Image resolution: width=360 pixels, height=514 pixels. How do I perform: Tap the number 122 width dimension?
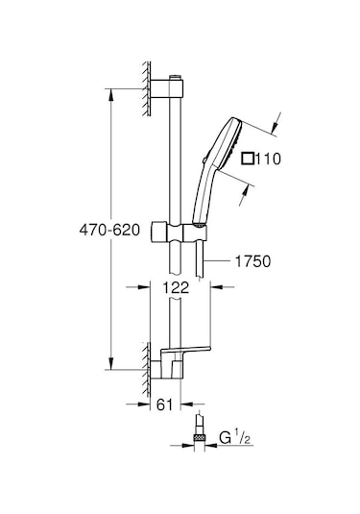coord(175,286)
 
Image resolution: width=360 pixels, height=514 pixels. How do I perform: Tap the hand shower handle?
coord(202,197)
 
